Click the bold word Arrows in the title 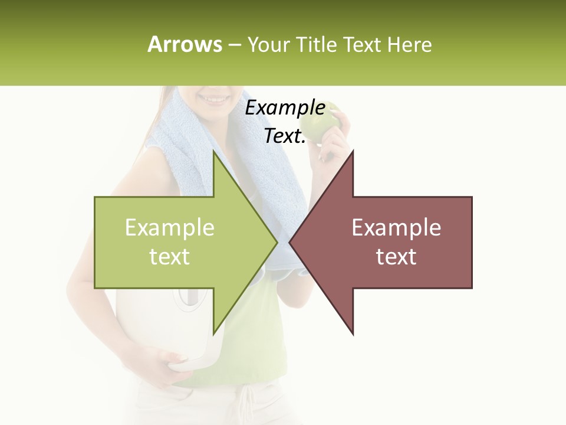[185, 44]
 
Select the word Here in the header [409, 44]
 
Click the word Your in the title [268, 44]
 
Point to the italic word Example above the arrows [285, 108]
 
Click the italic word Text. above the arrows [285, 136]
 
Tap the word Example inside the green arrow [169, 228]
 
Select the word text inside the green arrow [169, 257]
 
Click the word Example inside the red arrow [396, 228]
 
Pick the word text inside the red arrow [396, 257]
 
